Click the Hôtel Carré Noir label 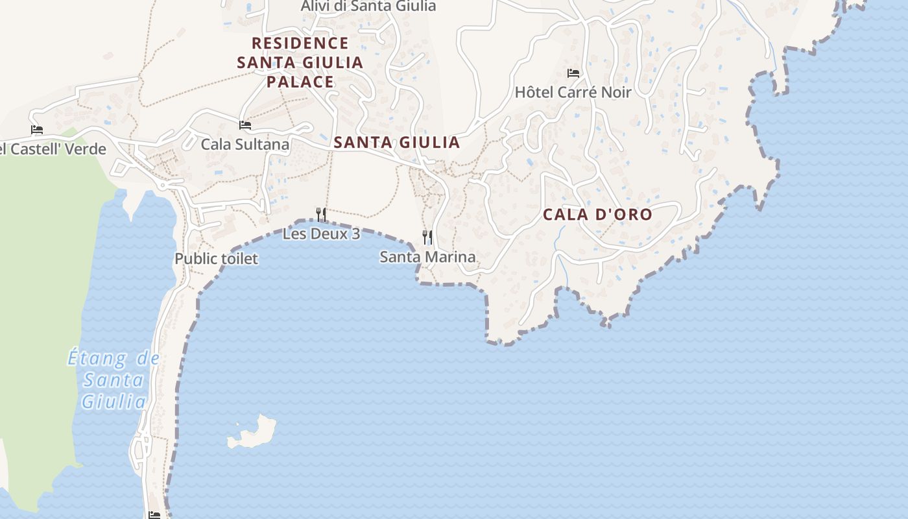point(573,92)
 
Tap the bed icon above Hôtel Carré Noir point(573,73)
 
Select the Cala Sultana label point(245,144)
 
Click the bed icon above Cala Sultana point(245,125)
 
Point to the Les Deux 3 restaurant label point(321,234)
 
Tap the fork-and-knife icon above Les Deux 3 point(320,214)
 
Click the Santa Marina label point(427,257)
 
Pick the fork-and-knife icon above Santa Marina point(427,237)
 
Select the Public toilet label point(216,259)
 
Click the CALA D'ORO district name point(597,214)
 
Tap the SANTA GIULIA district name point(396,143)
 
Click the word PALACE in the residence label point(300,82)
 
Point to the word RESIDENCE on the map point(300,43)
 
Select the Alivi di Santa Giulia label point(368,6)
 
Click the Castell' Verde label point(55,149)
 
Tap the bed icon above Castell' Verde point(37,130)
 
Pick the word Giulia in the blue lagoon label point(113,402)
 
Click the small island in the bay point(254,431)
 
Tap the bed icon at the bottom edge point(154,514)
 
